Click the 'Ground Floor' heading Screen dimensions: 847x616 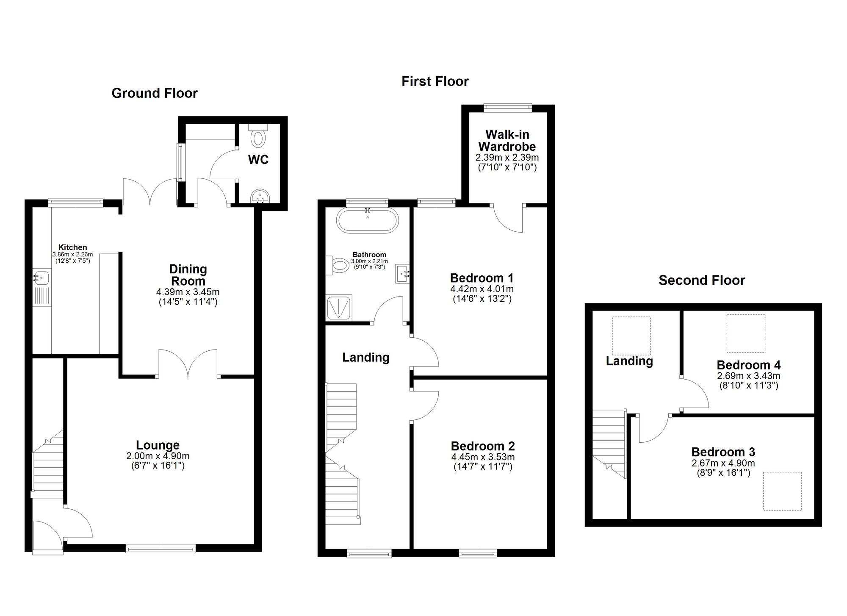[x=155, y=93]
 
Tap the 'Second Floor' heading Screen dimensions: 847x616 [x=702, y=280]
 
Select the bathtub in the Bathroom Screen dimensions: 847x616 [x=367, y=220]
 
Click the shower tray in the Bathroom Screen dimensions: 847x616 [x=338, y=308]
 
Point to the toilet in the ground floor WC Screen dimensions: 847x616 [x=258, y=135]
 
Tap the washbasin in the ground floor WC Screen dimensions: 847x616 [x=260, y=197]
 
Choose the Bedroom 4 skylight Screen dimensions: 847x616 [x=746, y=333]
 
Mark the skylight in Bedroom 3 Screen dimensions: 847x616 [x=783, y=491]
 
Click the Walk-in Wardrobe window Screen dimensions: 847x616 [x=508, y=107]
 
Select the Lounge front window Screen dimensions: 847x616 [x=161, y=549]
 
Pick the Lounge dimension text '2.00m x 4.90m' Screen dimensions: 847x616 [x=158, y=456]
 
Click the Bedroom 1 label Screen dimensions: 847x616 [x=482, y=278]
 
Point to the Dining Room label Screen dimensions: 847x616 [x=188, y=275]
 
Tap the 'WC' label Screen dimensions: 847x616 [x=258, y=160]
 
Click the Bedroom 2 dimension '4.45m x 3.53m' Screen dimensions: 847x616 [x=483, y=457]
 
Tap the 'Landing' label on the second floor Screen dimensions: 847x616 [x=629, y=361]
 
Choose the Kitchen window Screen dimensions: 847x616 [x=75, y=203]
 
